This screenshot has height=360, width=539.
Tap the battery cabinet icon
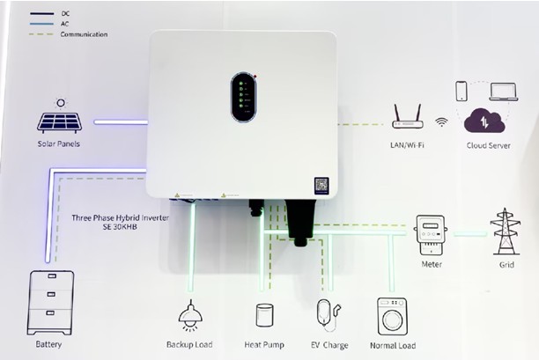click(50, 303)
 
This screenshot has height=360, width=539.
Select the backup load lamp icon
click(190, 315)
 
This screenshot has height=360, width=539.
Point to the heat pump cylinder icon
click(265, 315)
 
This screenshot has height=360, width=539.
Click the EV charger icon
click(329, 315)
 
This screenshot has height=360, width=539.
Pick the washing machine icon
click(392, 316)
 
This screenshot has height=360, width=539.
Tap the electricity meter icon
click(431, 235)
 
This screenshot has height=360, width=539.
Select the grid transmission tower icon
click(505, 231)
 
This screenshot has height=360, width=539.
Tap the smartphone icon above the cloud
click(461, 91)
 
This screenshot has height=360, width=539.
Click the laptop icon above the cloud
click(504, 92)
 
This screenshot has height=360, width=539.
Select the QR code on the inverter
click(321, 186)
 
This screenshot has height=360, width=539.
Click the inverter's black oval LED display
click(243, 97)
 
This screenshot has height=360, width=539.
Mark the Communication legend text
click(84, 34)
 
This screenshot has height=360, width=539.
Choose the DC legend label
click(65, 13)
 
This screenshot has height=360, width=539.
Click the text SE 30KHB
click(120, 227)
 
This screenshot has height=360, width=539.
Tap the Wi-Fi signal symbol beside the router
click(442, 122)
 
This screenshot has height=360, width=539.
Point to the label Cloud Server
click(488, 145)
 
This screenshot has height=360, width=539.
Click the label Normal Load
click(393, 346)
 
